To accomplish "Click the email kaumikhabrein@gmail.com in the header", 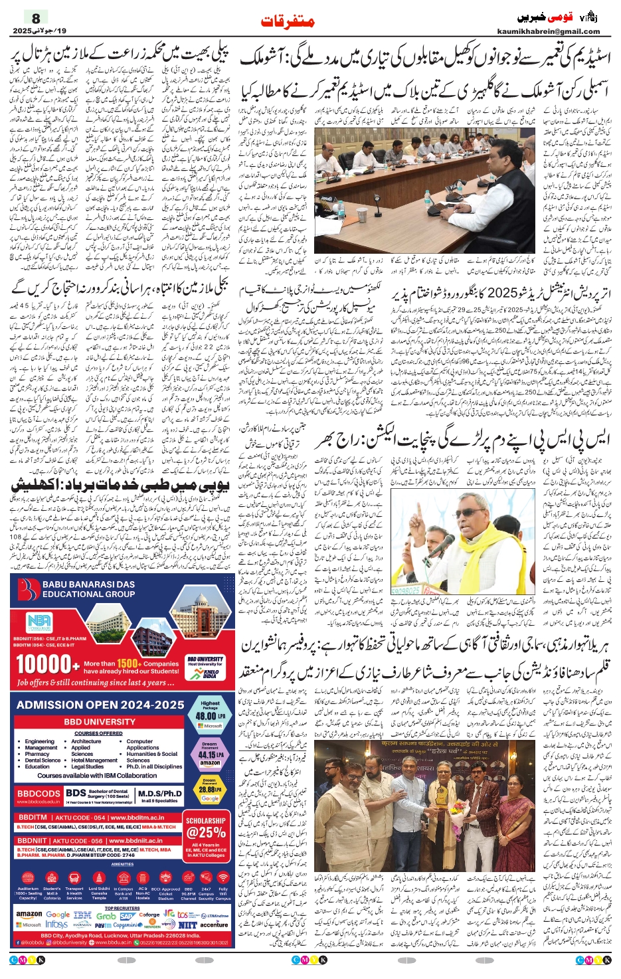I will pyautogui.click(x=548, y=31).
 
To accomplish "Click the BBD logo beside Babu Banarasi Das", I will pyautogui.click(x=28, y=589).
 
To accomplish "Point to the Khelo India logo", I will pyautogui.click(x=211, y=673).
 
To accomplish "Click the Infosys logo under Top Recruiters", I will pyautogui.click(x=56, y=925).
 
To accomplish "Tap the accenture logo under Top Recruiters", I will pyautogui.click(x=213, y=925).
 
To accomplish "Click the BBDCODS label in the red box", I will pyautogui.click(x=39, y=794).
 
